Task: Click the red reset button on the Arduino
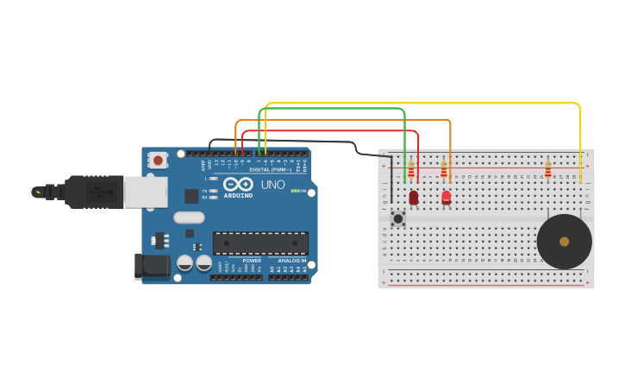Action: coord(158,160)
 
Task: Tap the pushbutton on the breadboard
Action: coord(397,218)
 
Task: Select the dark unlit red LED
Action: coord(414,198)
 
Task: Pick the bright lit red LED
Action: coord(446,198)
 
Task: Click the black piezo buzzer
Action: coord(564,242)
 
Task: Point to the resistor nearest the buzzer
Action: coord(547,169)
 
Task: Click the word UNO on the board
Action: coord(272,185)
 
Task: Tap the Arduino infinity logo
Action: coord(238,185)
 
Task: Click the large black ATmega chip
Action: coord(260,243)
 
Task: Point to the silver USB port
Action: coord(145,192)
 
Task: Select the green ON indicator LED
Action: coord(294,191)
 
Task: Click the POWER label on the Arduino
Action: coord(252,261)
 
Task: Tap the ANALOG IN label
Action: coord(291,261)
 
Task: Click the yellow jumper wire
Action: coord(422,104)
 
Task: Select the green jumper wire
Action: coord(336,109)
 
